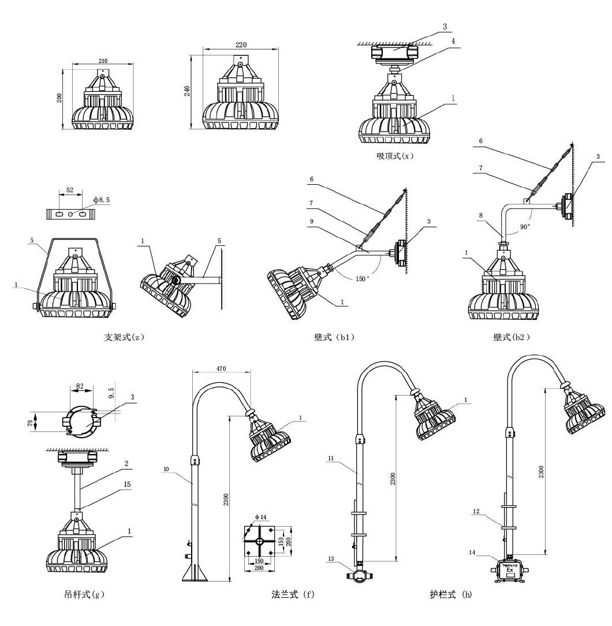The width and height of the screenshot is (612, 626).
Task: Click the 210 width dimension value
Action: [x=103, y=61]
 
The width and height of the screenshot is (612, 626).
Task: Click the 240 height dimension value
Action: [x=188, y=91]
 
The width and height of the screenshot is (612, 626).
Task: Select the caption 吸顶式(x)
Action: [x=395, y=156]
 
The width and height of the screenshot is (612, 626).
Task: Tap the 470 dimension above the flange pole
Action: [x=221, y=368]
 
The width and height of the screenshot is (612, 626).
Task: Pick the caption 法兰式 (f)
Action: [x=293, y=594]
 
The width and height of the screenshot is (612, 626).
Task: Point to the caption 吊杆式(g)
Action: [x=84, y=594]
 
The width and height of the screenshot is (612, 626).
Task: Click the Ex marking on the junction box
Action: [x=510, y=571]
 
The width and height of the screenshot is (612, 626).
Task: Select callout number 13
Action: [x=331, y=558]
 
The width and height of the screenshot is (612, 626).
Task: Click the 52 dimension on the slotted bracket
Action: [x=69, y=189]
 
